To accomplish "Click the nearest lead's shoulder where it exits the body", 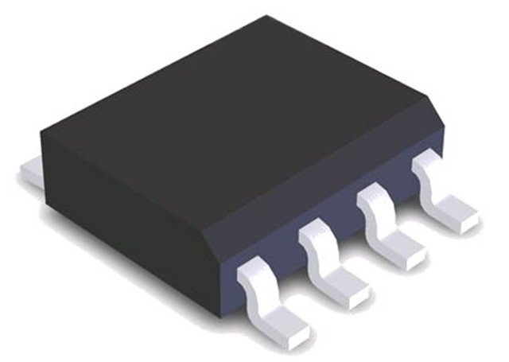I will tap(254, 271).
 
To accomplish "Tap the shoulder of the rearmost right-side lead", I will tap(425, 165).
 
